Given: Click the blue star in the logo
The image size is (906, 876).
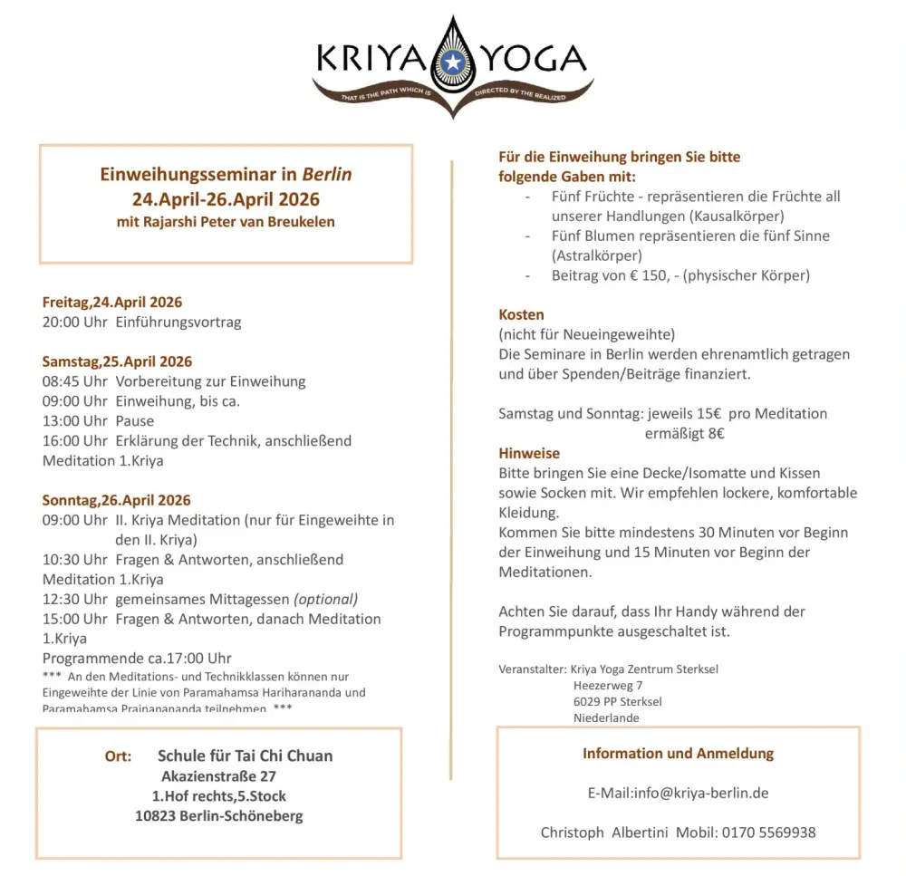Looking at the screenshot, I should click(x=452, y=62).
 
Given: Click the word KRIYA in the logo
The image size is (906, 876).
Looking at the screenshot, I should click(x=371, y=61).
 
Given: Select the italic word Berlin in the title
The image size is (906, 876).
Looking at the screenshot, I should click(x=327, y=174).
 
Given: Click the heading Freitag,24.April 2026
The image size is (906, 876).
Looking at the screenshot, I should click(x=112, y=303).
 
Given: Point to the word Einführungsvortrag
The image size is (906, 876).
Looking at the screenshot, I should click(x=178, y=322).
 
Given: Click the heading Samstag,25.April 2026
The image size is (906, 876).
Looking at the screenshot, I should click(x=117, y=361).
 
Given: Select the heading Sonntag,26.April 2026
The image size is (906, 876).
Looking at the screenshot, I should click(x=116, y=500).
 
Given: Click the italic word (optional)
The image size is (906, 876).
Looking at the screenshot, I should click(x=325, y=599).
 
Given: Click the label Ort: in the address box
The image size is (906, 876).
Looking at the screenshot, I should click(x=118, y=756).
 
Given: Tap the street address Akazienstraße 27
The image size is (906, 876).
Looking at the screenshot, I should click(x=218, y=776).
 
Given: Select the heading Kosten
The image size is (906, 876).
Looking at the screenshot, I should click(x=521, y=314).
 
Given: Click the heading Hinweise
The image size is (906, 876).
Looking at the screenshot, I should click(x=529, y=453).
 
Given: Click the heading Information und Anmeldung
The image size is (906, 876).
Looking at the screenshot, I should click(x=678, y=753).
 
